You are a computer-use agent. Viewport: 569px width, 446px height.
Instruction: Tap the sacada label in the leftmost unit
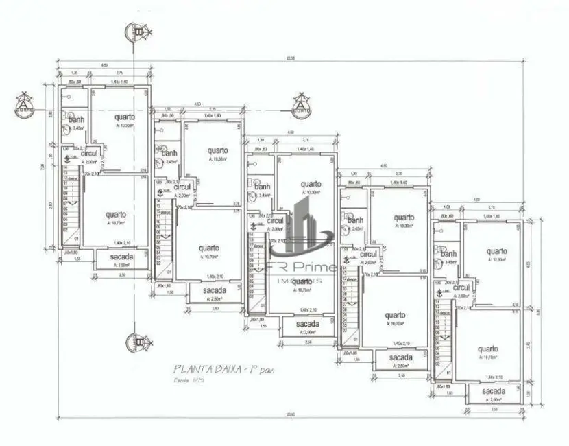pos(121,257)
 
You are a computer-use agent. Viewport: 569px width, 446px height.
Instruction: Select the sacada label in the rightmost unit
pos(493,391)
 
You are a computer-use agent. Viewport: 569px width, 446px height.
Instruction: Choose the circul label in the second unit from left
pos(182,187)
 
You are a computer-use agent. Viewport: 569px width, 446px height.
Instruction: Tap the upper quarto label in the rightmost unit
pos(497,251)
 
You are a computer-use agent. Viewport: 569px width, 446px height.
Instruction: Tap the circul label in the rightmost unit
pos(461,288)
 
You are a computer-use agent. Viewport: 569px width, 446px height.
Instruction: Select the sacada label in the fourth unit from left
pos(400,357)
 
